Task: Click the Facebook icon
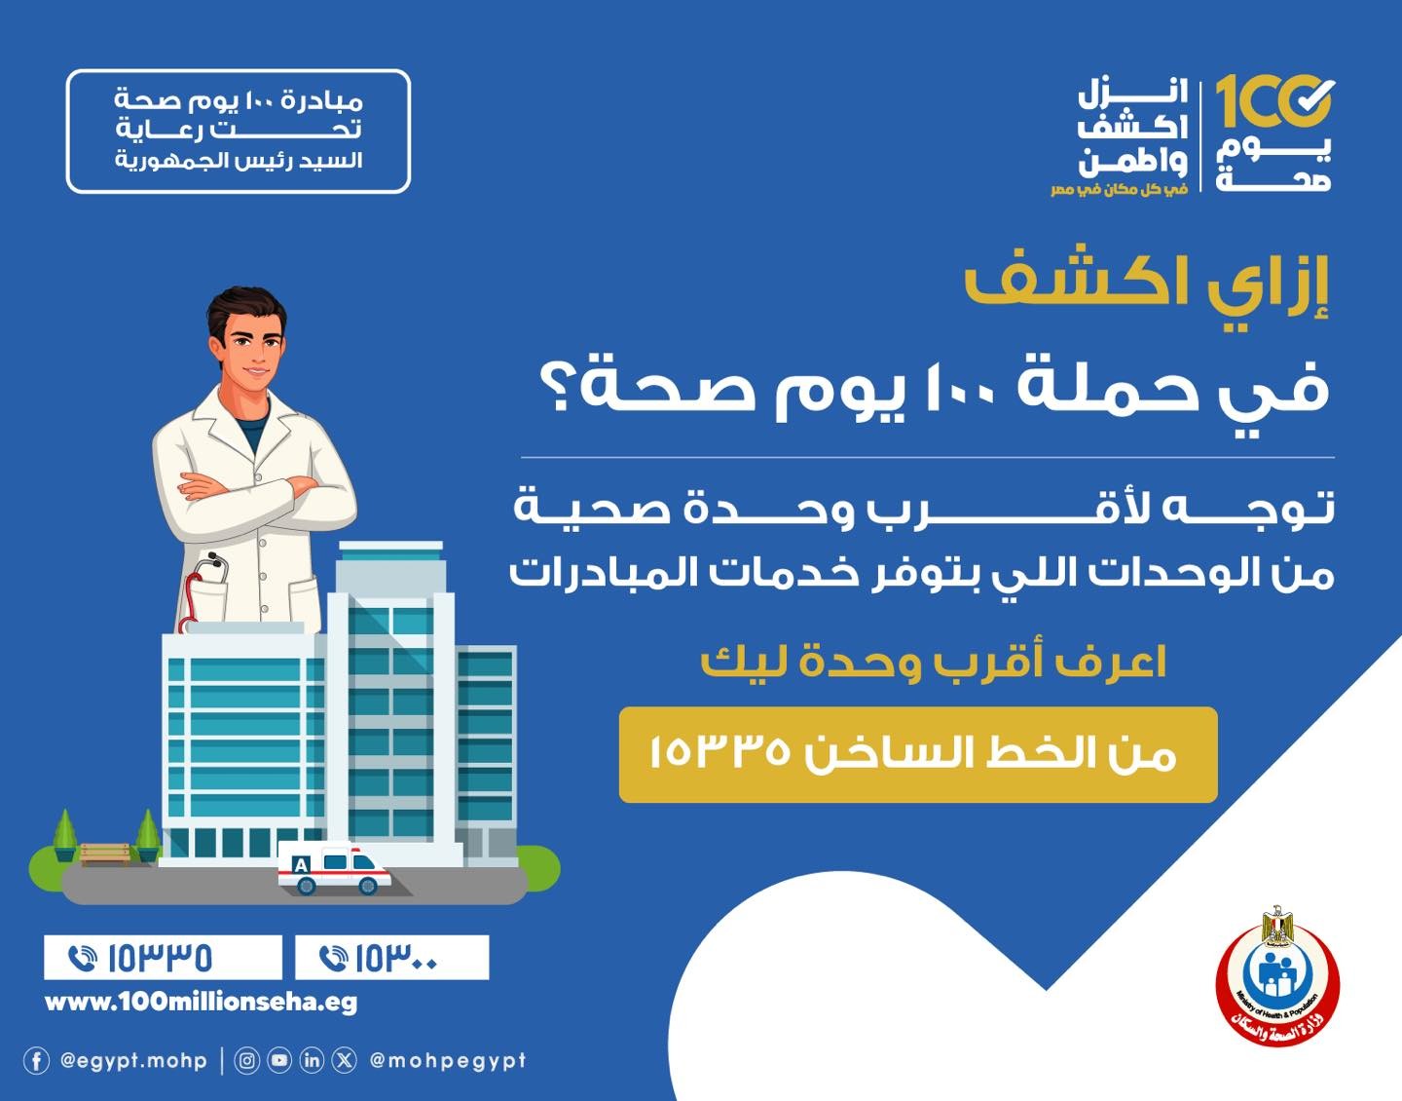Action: click(x=36, y=1060)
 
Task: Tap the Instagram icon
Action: click(x=246, y=1060)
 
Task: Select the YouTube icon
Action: click(x=278, y=1060)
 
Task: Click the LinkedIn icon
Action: click(x=312, y=1060)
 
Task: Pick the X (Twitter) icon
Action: click(x=345, y=1060)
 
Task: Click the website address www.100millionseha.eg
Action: click(x=201, y=1003)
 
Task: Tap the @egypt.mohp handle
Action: click(x=133, y=1060)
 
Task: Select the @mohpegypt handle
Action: click(x=448, y=1060)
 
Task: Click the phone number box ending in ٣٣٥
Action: click(x=164, y=957)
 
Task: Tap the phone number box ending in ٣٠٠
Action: click(x=392, y=957)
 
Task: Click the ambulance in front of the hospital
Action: click(x=334, y=868)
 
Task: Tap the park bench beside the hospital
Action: click(x=104, y=854)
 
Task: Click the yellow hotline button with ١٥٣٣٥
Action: click(x=918, y=754)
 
